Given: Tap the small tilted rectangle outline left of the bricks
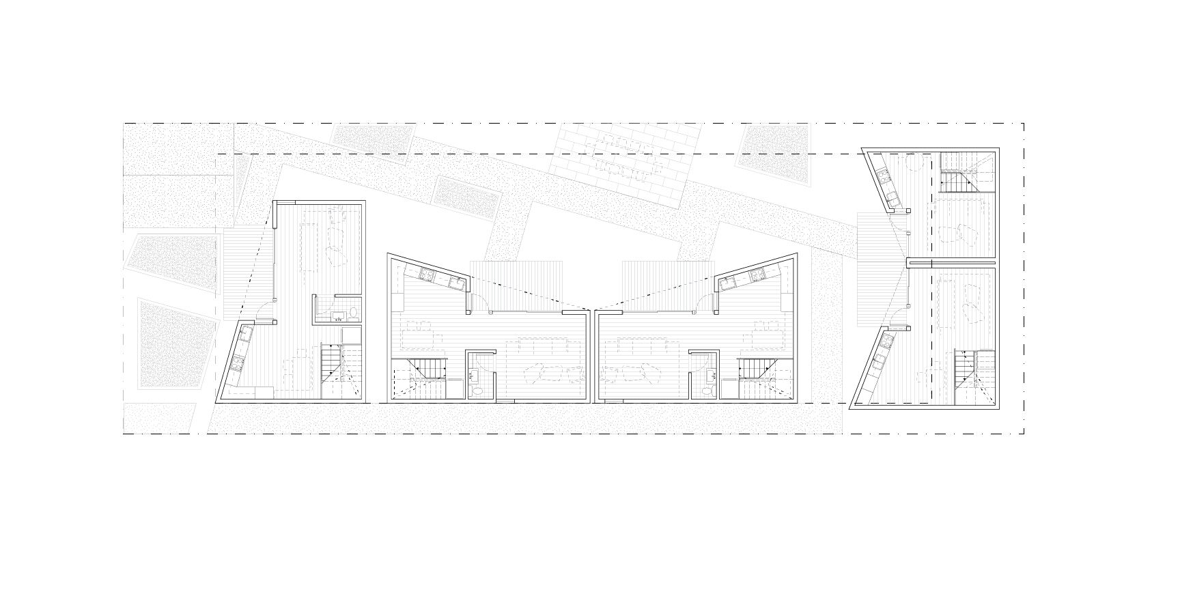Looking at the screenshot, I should (466, 198).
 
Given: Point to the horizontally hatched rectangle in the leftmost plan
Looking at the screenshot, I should (248, 274).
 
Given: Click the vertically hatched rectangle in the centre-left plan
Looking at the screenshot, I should (516, 285).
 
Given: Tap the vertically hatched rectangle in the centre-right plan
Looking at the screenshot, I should (669, 285).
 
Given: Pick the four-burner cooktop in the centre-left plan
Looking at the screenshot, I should (427, 275).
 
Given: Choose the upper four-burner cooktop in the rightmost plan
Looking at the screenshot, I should (883, 178).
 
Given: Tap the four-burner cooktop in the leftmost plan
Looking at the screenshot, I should (237, 364).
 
